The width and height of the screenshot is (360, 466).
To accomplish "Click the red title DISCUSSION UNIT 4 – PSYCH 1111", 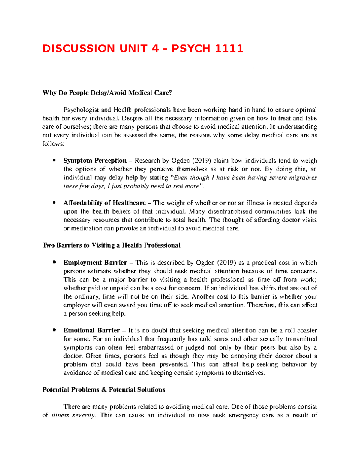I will point(143,48).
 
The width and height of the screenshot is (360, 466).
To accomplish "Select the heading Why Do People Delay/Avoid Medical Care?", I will point(107,93).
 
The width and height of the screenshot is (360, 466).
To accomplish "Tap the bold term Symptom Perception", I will point(95,161).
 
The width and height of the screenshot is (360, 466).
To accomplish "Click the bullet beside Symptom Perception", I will point(54,161).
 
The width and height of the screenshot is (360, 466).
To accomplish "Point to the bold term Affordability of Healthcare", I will point(104,203).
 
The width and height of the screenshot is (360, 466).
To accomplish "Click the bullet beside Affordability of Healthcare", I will point(54,203).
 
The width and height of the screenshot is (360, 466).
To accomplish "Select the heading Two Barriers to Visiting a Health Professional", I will point(111,245).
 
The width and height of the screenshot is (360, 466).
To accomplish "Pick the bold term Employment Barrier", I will point(95,263).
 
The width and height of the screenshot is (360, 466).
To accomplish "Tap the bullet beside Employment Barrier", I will point(54,263).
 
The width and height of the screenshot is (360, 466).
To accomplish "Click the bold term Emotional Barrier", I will point(91,331).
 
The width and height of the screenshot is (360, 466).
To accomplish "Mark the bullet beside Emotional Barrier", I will point(54,331).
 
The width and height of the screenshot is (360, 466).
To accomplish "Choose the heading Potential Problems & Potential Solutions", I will point(104,390).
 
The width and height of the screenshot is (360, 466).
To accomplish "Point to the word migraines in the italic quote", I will point(303,178).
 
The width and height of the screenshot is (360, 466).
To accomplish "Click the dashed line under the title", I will point(174,68).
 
